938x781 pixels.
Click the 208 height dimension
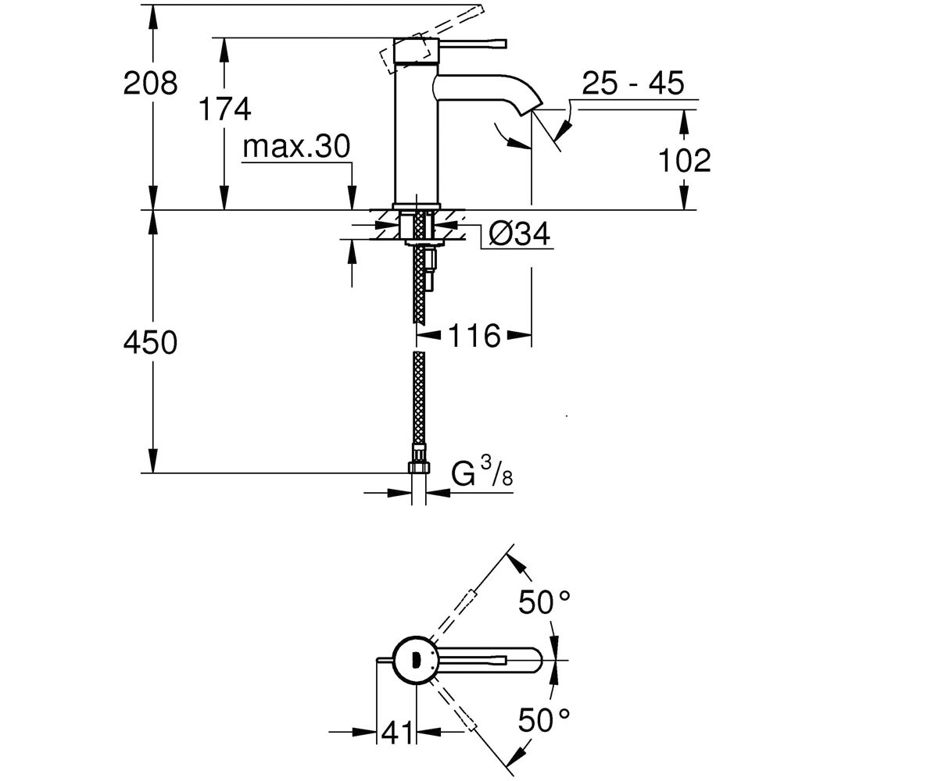click(x=151, y=84)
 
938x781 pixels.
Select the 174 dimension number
click(x=224, y=109)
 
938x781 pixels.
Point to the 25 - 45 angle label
click(x=633, y=83)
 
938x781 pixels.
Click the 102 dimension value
click(x=685, y=160)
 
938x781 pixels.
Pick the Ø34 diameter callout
click(x=519, y=234)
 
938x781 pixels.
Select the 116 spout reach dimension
click(x=474, y=335)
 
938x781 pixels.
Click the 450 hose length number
click(x=151, y=343)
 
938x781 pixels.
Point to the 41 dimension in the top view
click(x=396, y=732)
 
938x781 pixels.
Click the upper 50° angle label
click(x=544, y=602)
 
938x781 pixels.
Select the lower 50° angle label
click(x=544, y=720)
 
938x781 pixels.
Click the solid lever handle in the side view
click(x=473, y=44)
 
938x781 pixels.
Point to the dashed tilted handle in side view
click(x=431, y=41)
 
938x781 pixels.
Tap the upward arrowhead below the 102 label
click(x=684, y=122)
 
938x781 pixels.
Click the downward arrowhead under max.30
click(x=353, y=197)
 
